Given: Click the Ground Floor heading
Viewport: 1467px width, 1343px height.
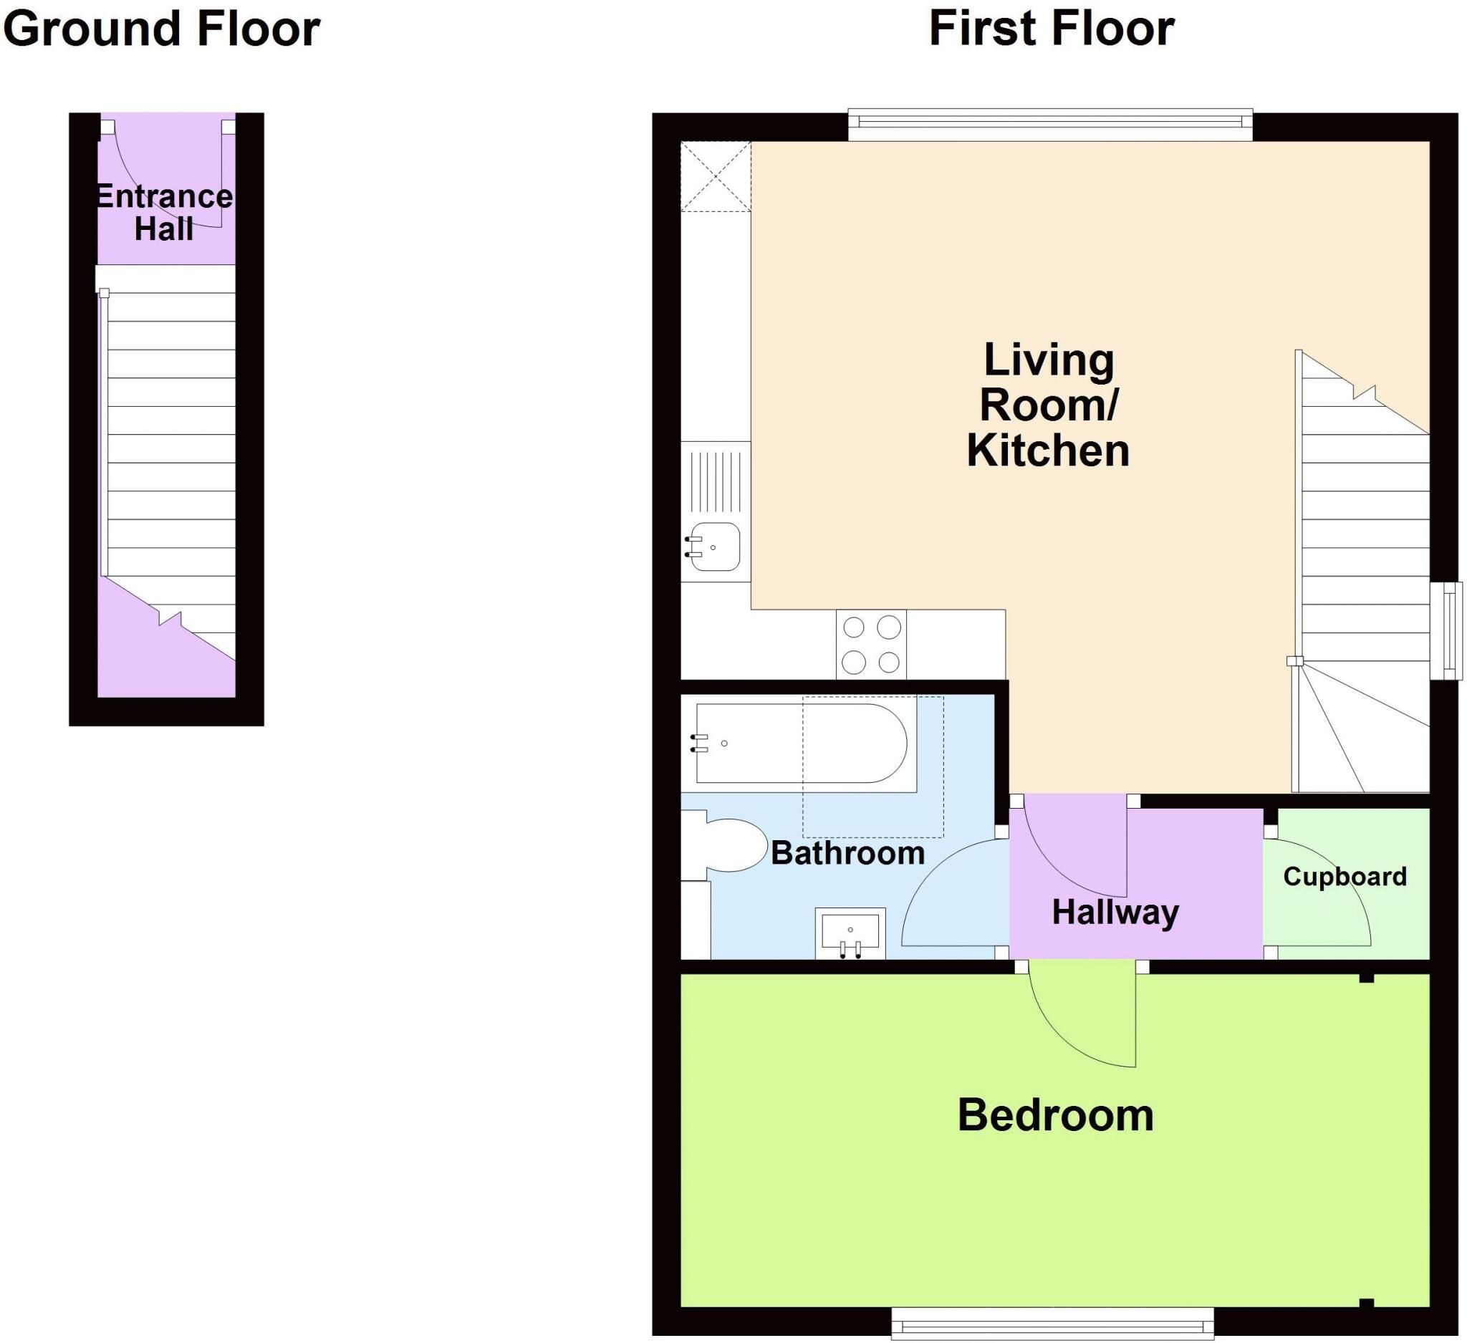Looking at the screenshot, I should pos(162,29).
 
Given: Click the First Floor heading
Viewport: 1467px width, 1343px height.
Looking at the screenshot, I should pos(1051,29).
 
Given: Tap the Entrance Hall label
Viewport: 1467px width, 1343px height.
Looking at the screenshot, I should pos(165,213).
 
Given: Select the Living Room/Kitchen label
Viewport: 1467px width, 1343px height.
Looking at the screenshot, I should pos(1048,405).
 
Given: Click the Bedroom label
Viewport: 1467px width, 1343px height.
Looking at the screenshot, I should pos(1055,1115).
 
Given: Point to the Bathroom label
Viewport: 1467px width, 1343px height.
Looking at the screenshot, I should pos(847,852).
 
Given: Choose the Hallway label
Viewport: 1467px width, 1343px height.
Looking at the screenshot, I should pos(1115,912).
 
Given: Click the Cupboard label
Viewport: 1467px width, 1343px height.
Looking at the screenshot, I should pos(1345,877).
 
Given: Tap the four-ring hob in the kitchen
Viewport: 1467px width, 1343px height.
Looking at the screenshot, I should pos(871,645).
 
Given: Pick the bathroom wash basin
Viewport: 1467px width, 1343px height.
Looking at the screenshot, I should pos(850,931).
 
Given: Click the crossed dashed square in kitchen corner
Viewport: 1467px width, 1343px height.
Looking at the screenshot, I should pos(716,177).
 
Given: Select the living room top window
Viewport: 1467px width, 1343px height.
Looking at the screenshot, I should pos(1050,125).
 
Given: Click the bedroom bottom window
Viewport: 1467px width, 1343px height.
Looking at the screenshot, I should pos(1052,1324).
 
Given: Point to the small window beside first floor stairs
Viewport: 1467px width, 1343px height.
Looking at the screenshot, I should pos(1446,631).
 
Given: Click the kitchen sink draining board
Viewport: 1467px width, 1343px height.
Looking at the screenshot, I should pos(716,481).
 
